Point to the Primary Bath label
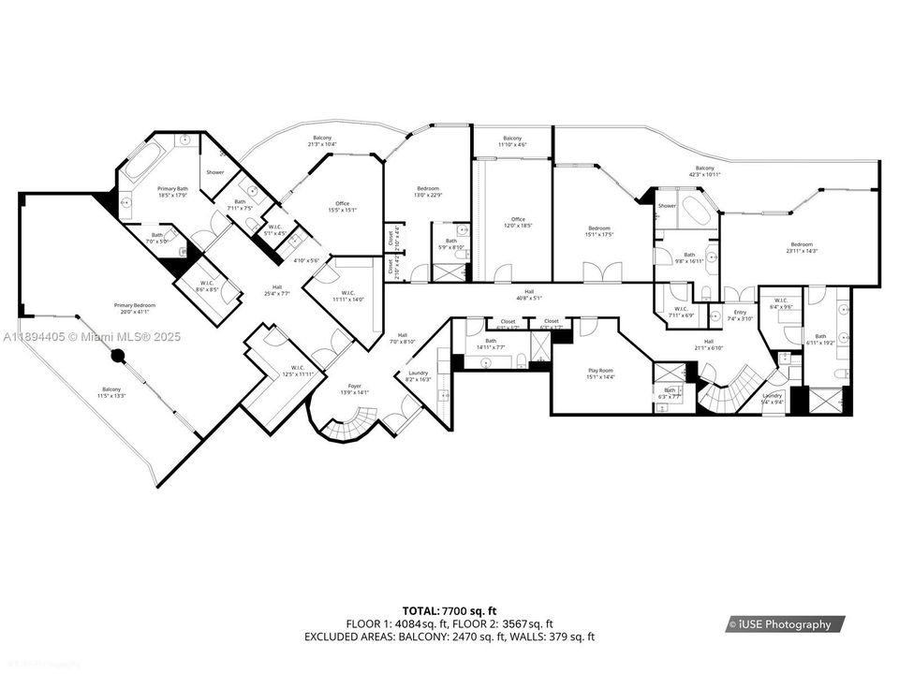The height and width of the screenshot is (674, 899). click(x=172, y=192)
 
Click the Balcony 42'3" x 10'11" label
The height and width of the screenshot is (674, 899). click(x=704, y=171)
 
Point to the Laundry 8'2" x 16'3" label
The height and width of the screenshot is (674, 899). click(x=418, y=377)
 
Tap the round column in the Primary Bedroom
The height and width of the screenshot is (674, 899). click(x=118, y=356)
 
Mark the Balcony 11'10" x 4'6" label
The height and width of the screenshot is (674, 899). click(x=511, y=141)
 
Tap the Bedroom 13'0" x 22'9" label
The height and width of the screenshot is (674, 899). click(x=428, y=192)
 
